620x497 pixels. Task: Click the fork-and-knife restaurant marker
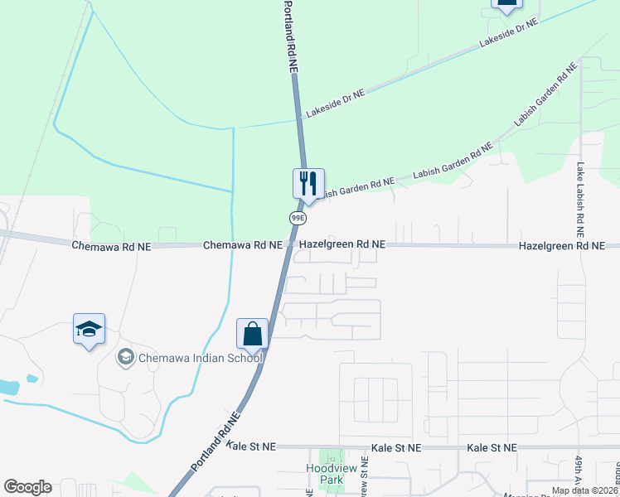tap(308, 184)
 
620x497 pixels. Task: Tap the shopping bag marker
tap(253, 334)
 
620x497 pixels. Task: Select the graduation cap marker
tap(89, 329)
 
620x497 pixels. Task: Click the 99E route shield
tap(298, 217)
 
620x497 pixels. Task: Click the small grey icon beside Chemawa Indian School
tap(126, 357)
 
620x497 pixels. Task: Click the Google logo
tap(27, 487)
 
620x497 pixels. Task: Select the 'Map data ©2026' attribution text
tap(584, 490)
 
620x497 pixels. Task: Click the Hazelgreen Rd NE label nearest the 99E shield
tap(342, 245)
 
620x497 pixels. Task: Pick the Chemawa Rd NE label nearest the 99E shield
tap(244, 245)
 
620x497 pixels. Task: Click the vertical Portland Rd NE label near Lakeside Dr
tap(290, 37)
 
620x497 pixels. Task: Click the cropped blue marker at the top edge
tap(507, 5)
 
